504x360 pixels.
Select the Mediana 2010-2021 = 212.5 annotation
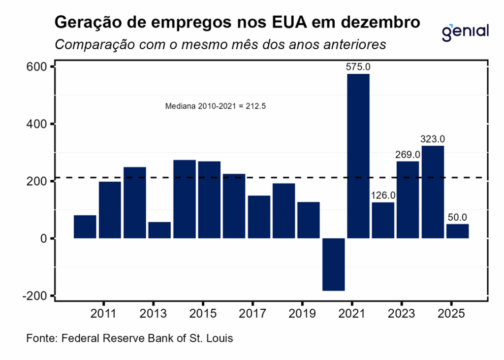(216, 106)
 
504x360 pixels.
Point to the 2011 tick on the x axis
(104, 314)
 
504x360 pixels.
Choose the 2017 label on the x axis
(252, 314)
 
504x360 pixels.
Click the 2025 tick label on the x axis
(451, 314)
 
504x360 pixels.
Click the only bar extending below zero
(333, 264)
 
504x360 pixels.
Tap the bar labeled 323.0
(433, 192)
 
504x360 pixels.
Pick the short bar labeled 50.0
(457, 231)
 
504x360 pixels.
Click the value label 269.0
(408, 155)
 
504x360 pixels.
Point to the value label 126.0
(383, 196)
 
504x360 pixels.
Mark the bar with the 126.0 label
(383, 220)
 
